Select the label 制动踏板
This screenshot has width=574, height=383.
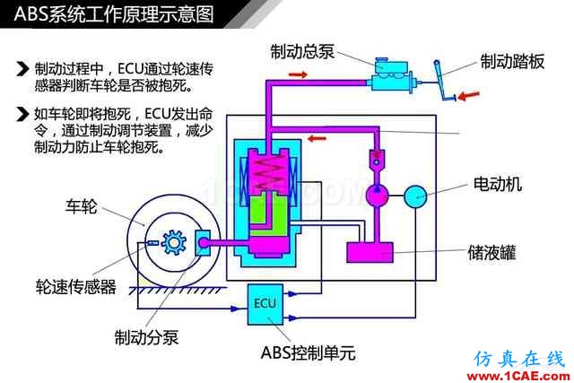(x=514, y=61)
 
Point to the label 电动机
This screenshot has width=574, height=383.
(x=497, y=185)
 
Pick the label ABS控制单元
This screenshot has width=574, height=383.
(x=308, y=353)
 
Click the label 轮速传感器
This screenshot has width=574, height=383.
(x=75, y=287)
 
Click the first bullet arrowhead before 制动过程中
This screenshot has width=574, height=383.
(x=22, y=68)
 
